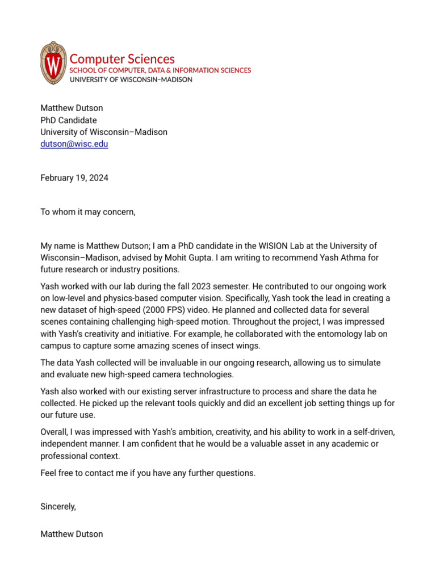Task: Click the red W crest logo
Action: pos(53,63)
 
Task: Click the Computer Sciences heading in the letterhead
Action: pos(122,59)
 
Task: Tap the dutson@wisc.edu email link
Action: pos(74,144)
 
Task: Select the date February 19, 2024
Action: pos(74,178)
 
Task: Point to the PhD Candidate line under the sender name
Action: pos(68,120)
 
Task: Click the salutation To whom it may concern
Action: pos(88,212)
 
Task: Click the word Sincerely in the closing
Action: pos(58,507)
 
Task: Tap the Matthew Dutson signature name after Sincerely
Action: pos(72,534)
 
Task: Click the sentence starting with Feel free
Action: pos(148,473)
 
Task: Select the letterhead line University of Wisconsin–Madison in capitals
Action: pos(131,80)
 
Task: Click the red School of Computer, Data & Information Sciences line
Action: pos(160,70)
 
